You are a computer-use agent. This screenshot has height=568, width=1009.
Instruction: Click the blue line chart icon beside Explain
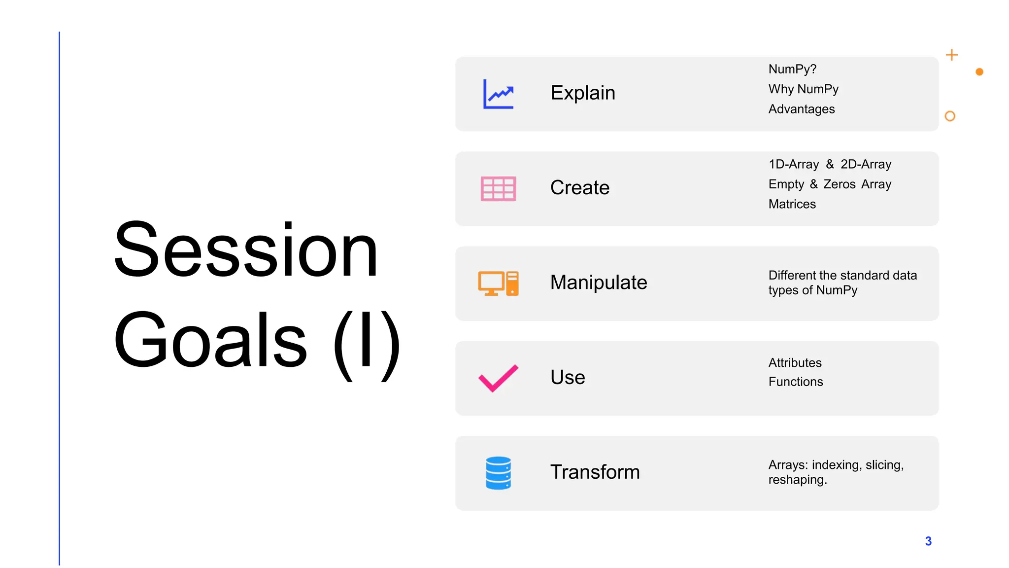(498, 94)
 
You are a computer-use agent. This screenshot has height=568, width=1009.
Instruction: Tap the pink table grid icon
(498, 188)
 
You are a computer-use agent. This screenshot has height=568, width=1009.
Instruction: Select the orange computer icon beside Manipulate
(498, 284)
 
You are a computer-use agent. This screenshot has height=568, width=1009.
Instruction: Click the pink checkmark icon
(498, 378)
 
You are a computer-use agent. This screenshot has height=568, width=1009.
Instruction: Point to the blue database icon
(498, 473)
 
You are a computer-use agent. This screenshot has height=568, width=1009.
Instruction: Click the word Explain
(583, 93)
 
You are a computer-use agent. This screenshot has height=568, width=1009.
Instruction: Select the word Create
(580, 188)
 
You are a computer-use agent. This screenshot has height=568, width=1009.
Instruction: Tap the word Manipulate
(599, 283)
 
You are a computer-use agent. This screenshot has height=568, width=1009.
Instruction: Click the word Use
(568, 377)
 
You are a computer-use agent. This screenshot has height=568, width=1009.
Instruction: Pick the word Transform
(595, 472)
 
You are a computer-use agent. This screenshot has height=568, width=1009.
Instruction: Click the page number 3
(928, 541)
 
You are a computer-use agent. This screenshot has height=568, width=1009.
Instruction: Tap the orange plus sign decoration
(952, 55)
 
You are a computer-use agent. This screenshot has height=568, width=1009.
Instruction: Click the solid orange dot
(979, 72)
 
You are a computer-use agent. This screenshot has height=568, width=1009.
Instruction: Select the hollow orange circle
(950, 116)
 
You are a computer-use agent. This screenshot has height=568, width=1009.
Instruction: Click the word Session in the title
(246, 250)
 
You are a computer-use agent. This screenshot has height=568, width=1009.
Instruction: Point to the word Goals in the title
(210, 340)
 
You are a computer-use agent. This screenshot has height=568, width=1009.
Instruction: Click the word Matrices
(792, 204)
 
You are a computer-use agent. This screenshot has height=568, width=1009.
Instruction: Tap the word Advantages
(802, 109)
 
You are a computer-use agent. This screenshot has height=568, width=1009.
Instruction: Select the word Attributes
(795, 363)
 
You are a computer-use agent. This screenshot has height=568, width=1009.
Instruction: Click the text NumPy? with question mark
(792, 69)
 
